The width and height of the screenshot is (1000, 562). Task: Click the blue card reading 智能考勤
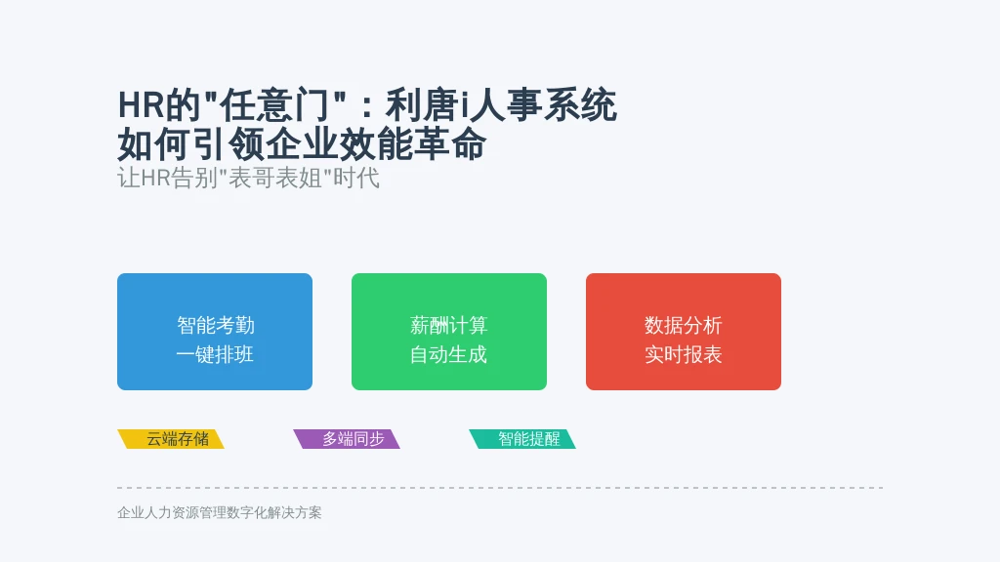215,332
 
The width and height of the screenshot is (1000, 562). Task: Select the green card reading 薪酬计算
449,332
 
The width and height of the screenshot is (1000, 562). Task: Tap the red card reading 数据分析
683,332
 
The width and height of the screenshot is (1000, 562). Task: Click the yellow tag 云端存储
171,439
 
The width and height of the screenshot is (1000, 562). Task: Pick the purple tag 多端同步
347,439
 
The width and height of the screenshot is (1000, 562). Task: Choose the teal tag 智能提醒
522,439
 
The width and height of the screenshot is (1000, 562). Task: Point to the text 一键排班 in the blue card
215,354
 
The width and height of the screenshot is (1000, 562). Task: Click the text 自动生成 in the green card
448,354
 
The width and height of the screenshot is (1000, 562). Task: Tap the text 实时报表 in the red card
683,354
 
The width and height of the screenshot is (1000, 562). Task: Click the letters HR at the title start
141,105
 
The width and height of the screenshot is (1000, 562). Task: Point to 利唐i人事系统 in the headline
501,105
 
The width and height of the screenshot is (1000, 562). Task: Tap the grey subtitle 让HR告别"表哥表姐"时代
249,178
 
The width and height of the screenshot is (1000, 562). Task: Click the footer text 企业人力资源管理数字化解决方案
220,512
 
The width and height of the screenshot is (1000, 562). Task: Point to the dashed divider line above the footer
500,488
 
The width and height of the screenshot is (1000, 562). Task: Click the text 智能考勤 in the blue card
216,325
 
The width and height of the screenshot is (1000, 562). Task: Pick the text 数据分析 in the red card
683,325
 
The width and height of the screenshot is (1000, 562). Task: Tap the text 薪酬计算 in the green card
449,325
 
